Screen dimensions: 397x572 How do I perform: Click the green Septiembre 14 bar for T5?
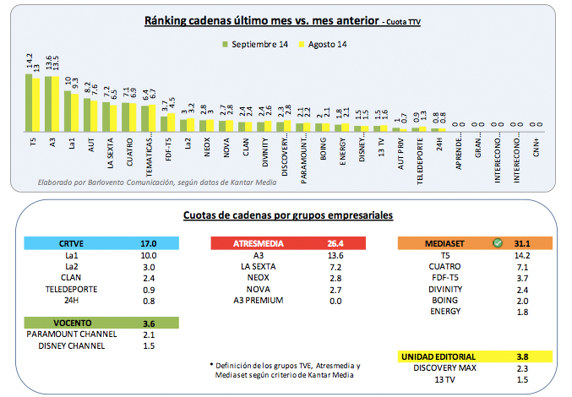pyautogui.click(x=28, y=102)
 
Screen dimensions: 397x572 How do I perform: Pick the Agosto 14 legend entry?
pyautogui.click(x=324, y=44)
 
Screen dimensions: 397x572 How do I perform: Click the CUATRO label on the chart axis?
pyautogui.click(x=128, y=153)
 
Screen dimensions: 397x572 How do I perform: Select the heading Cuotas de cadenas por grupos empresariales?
pyautogui.click(x=288, y=217)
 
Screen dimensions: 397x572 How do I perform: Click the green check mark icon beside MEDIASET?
pyautogui.click(x=498, y=243)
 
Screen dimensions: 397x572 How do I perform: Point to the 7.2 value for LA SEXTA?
pyautogui.click(x=335, y=267)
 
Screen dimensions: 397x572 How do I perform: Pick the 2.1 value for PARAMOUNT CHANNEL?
pyautogui.click(x=149, y=334)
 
